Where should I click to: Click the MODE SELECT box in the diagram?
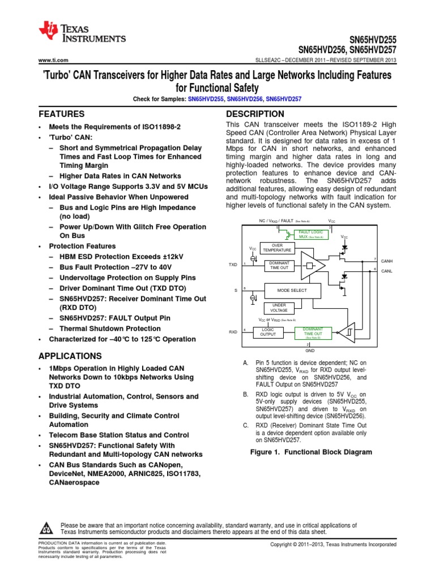point(291,290)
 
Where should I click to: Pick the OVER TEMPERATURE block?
point(278,248)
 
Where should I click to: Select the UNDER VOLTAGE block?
point(279,308)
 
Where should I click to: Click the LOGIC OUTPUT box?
point(267,332)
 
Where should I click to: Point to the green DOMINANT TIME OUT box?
point(313,332)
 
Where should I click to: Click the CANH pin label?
point(387,261)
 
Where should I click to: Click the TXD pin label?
point(233,265)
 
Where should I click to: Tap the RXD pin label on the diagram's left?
point(233,332)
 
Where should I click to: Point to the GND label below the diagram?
point(310,351)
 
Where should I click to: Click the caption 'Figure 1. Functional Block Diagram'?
point(311,452)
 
